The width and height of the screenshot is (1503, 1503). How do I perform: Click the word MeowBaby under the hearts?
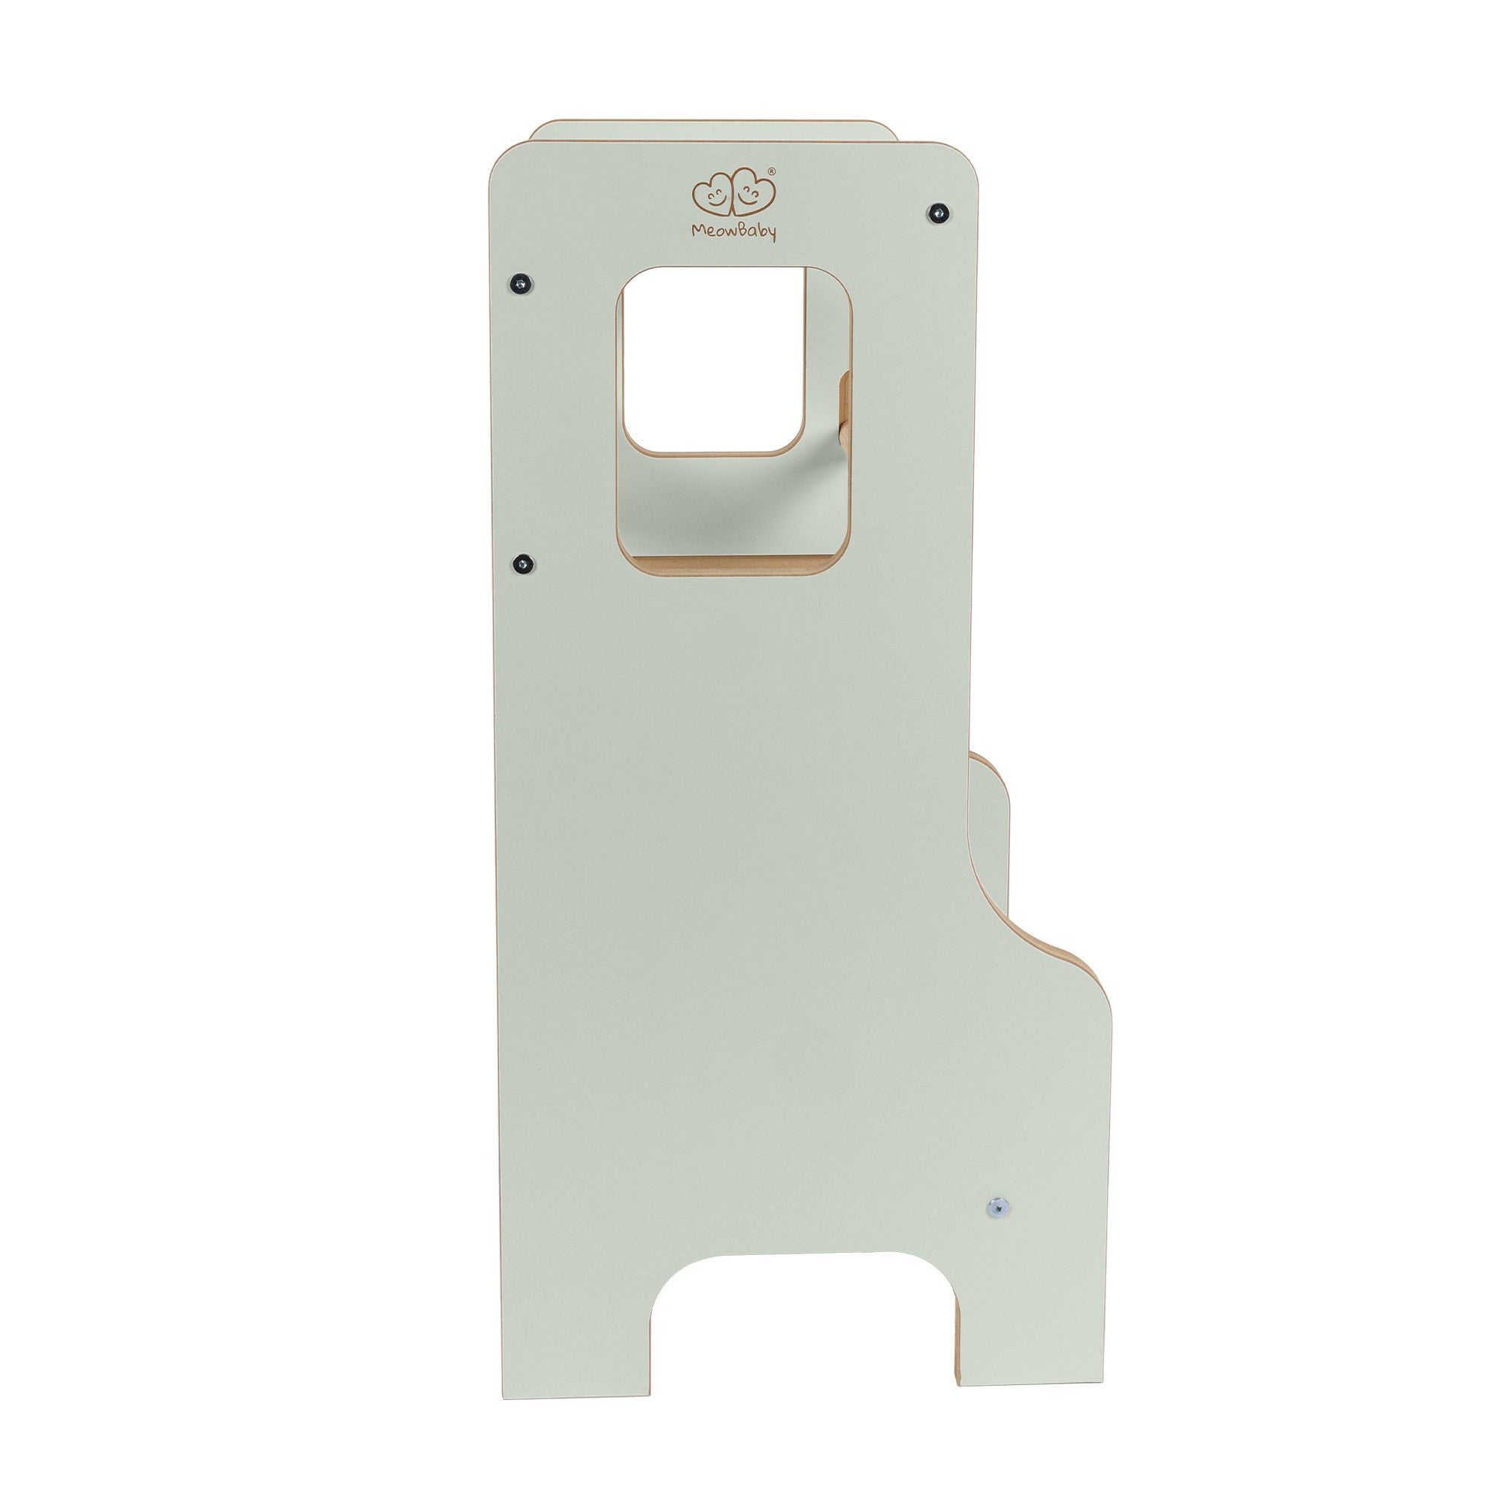coord(733,231)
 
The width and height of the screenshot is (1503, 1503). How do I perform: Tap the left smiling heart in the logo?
coord(712,197)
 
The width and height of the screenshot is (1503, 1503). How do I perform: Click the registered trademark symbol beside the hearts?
coord(772,171)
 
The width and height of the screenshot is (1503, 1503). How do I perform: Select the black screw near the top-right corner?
coord(939,211)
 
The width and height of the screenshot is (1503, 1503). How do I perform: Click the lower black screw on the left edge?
coord(523,562)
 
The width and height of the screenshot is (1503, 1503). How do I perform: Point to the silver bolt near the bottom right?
coord(997,1207)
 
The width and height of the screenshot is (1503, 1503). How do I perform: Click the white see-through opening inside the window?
coord(713,359)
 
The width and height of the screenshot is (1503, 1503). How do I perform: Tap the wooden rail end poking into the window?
coord(845,408)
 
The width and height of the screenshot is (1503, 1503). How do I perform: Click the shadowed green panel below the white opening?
coord(731,506)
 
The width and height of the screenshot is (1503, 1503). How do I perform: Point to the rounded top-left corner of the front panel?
coord(506,159)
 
